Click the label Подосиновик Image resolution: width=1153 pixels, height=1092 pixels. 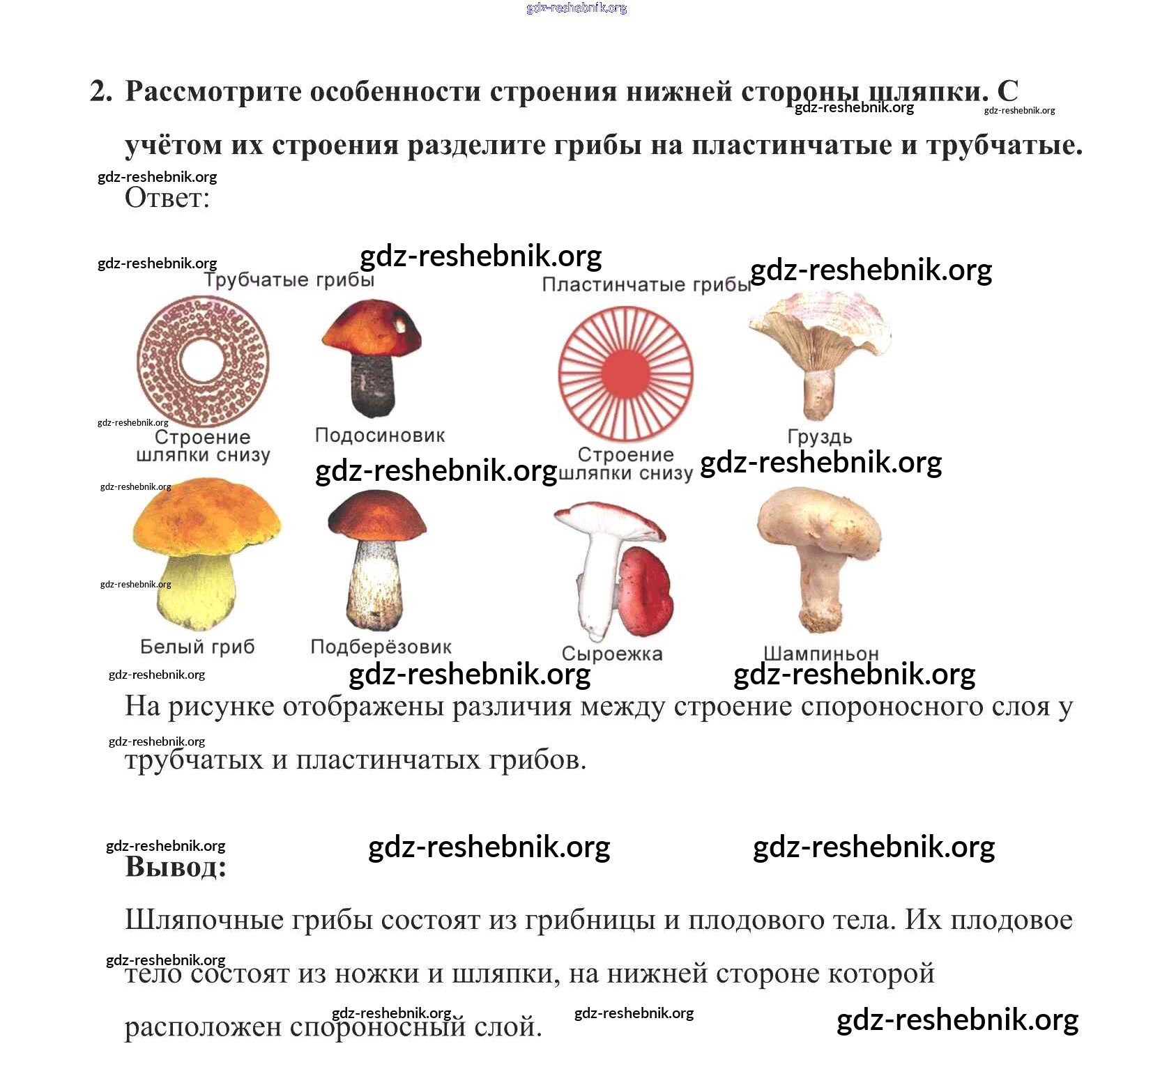click(x=379, y=436)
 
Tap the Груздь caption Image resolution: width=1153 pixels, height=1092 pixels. click(x=819, y=437)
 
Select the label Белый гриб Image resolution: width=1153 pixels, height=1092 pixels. click(x=197, y=647)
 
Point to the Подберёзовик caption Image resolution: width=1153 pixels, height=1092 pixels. click(x=381, y=647)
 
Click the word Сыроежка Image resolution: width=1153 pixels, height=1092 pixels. click(x=611, y=654)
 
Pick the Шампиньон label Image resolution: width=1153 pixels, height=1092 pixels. click(x=820, y=654)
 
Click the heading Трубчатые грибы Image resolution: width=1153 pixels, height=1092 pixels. click(x=289, y=280)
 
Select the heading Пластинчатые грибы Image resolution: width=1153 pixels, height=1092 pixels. click(x=646, y=285)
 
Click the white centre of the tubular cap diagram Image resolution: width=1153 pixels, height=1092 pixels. click(x=202, y=360)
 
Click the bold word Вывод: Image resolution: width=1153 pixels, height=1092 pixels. click(x=176, y=867)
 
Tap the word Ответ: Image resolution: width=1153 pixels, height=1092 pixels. click(x=167, y=199)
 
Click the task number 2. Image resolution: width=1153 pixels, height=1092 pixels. click(x=100, y=91)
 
